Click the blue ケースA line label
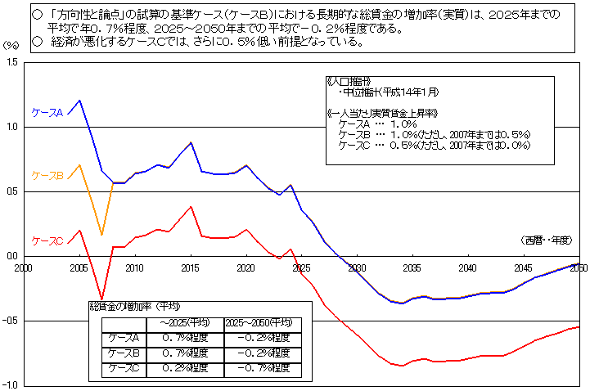(x=47, y=112)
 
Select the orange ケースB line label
(x=47, y=175)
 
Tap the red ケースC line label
(x=47, y=240)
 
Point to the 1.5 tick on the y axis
(x=11, y=62)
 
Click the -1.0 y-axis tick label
(x=10, y=384)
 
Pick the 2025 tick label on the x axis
(x=300, y=267)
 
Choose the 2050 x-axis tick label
(x=579, y=267)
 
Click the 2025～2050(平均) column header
(x=261, y=324)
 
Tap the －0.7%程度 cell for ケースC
(x=261, y=368)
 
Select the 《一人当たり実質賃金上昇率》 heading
(x=381, y=112)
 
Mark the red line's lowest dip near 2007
(x=101, y=299)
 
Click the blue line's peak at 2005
(x=79, y=101)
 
